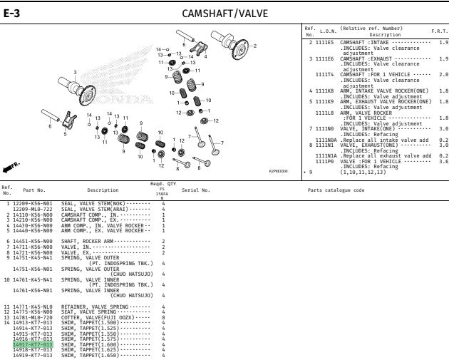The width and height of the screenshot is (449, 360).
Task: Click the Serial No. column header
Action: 195,190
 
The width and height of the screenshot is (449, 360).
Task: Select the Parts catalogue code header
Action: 336,190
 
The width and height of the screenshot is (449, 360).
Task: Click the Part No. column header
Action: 33,190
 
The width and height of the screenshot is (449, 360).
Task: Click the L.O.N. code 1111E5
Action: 325,43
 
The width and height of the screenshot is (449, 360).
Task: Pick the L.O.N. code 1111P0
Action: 325,161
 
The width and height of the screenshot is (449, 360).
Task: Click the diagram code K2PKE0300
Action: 278,171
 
